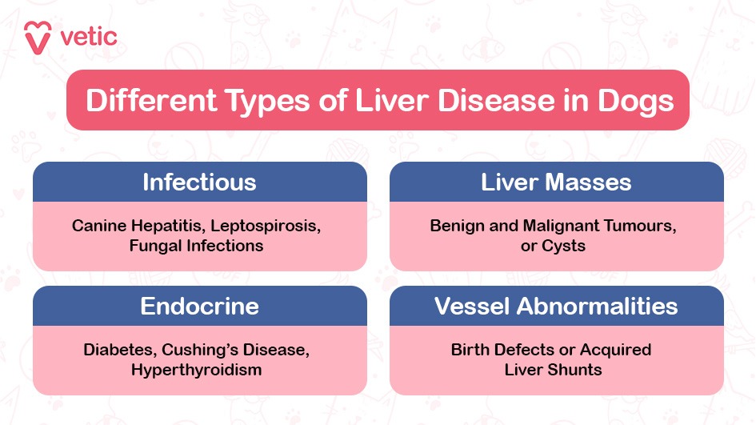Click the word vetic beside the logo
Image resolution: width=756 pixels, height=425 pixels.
pyautogui.click(x=88, y=36)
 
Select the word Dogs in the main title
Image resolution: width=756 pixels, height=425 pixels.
pyautogui.click(x=635, y=101)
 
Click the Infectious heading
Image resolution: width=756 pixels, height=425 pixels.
pyautogui.click(x=199, y=182)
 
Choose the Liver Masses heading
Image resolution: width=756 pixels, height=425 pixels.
pyautogui.click(x=556, y=182)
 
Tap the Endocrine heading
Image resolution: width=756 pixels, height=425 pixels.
pyautogui.click(x=199, y=306)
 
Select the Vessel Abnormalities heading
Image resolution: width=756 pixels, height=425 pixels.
pyautogui.click(x=556, y=306)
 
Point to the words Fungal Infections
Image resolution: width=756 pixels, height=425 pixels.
pyautogui.click(x=196, y=247)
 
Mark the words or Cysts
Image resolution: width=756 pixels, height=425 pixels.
pyautogui.click(x=553, y=247)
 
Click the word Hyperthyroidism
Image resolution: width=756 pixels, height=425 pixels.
pyautogui.click(x=196, y=370)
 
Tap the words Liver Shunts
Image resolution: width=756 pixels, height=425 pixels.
pyautogui.click(x=553, y=370)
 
